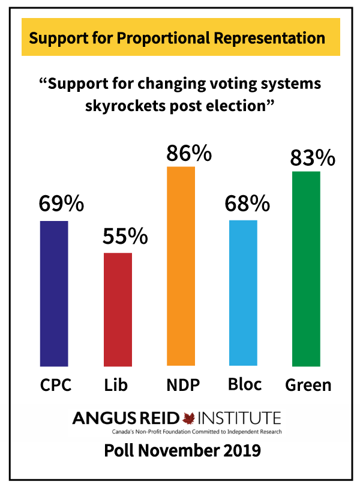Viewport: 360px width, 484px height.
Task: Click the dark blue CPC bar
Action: pyautogui.click(x=54, y=293)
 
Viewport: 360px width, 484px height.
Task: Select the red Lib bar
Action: pyautogui.click(x=118, y=309)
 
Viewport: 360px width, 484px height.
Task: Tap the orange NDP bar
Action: pyautogui.click(x=181, y=266)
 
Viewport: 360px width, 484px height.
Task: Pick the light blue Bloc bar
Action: pyautogui.click(x=243, y=293)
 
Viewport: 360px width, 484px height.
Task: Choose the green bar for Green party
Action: pyautogui.click(x=306, y=268)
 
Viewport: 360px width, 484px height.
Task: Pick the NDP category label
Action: pyautogui.click(x=182, y=385)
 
